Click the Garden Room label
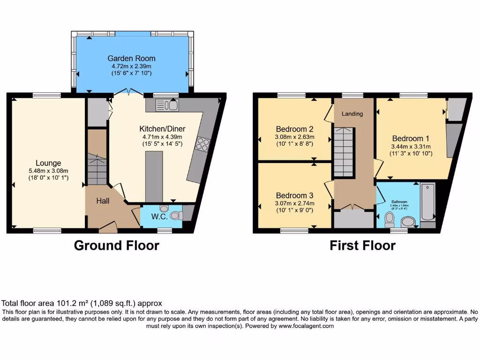[131, 59]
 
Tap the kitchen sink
[169, 105]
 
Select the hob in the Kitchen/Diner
[203, 144]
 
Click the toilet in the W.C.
[175, 216]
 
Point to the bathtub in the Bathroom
[428, 202]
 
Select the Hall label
[103, 201]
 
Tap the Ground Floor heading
[117, 245]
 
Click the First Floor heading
[362, 245]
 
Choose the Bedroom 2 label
[294, 129]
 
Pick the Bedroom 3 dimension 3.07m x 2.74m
[294, 203]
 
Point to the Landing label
[352, 113]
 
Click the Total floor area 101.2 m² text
[82, 303]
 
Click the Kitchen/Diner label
[162, 129]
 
